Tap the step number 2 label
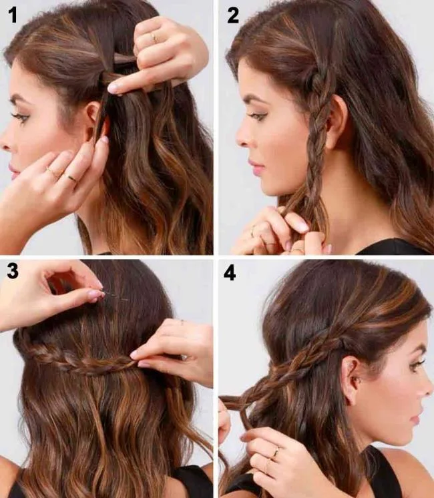point(233,15)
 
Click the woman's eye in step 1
point(22,118)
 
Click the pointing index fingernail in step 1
point(114,87)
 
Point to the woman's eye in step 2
point(256,115)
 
